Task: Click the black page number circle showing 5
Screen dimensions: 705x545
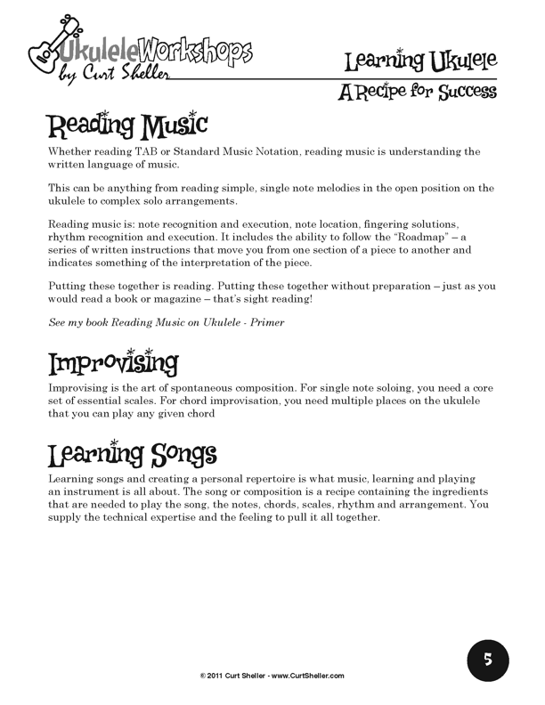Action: tap(488, 660)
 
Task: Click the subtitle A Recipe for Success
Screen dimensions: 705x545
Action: tap(418, 91)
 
